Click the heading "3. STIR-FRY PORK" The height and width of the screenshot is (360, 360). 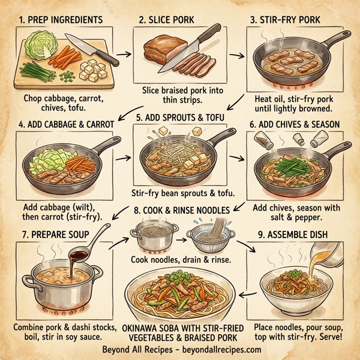click(292, 20)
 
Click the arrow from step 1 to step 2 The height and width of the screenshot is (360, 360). click(124, 55)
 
